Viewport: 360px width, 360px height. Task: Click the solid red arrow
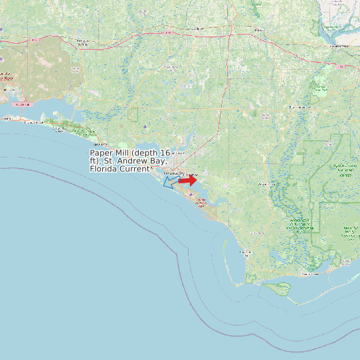point(188,180)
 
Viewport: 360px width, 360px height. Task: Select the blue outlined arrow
point(171,181)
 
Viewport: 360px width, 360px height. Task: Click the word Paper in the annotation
point(102,153)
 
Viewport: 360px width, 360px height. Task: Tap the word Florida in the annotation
point(104,169)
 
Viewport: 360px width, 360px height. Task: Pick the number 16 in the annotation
point(165,153)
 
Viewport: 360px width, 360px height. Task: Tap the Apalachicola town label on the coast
point(310,274)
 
